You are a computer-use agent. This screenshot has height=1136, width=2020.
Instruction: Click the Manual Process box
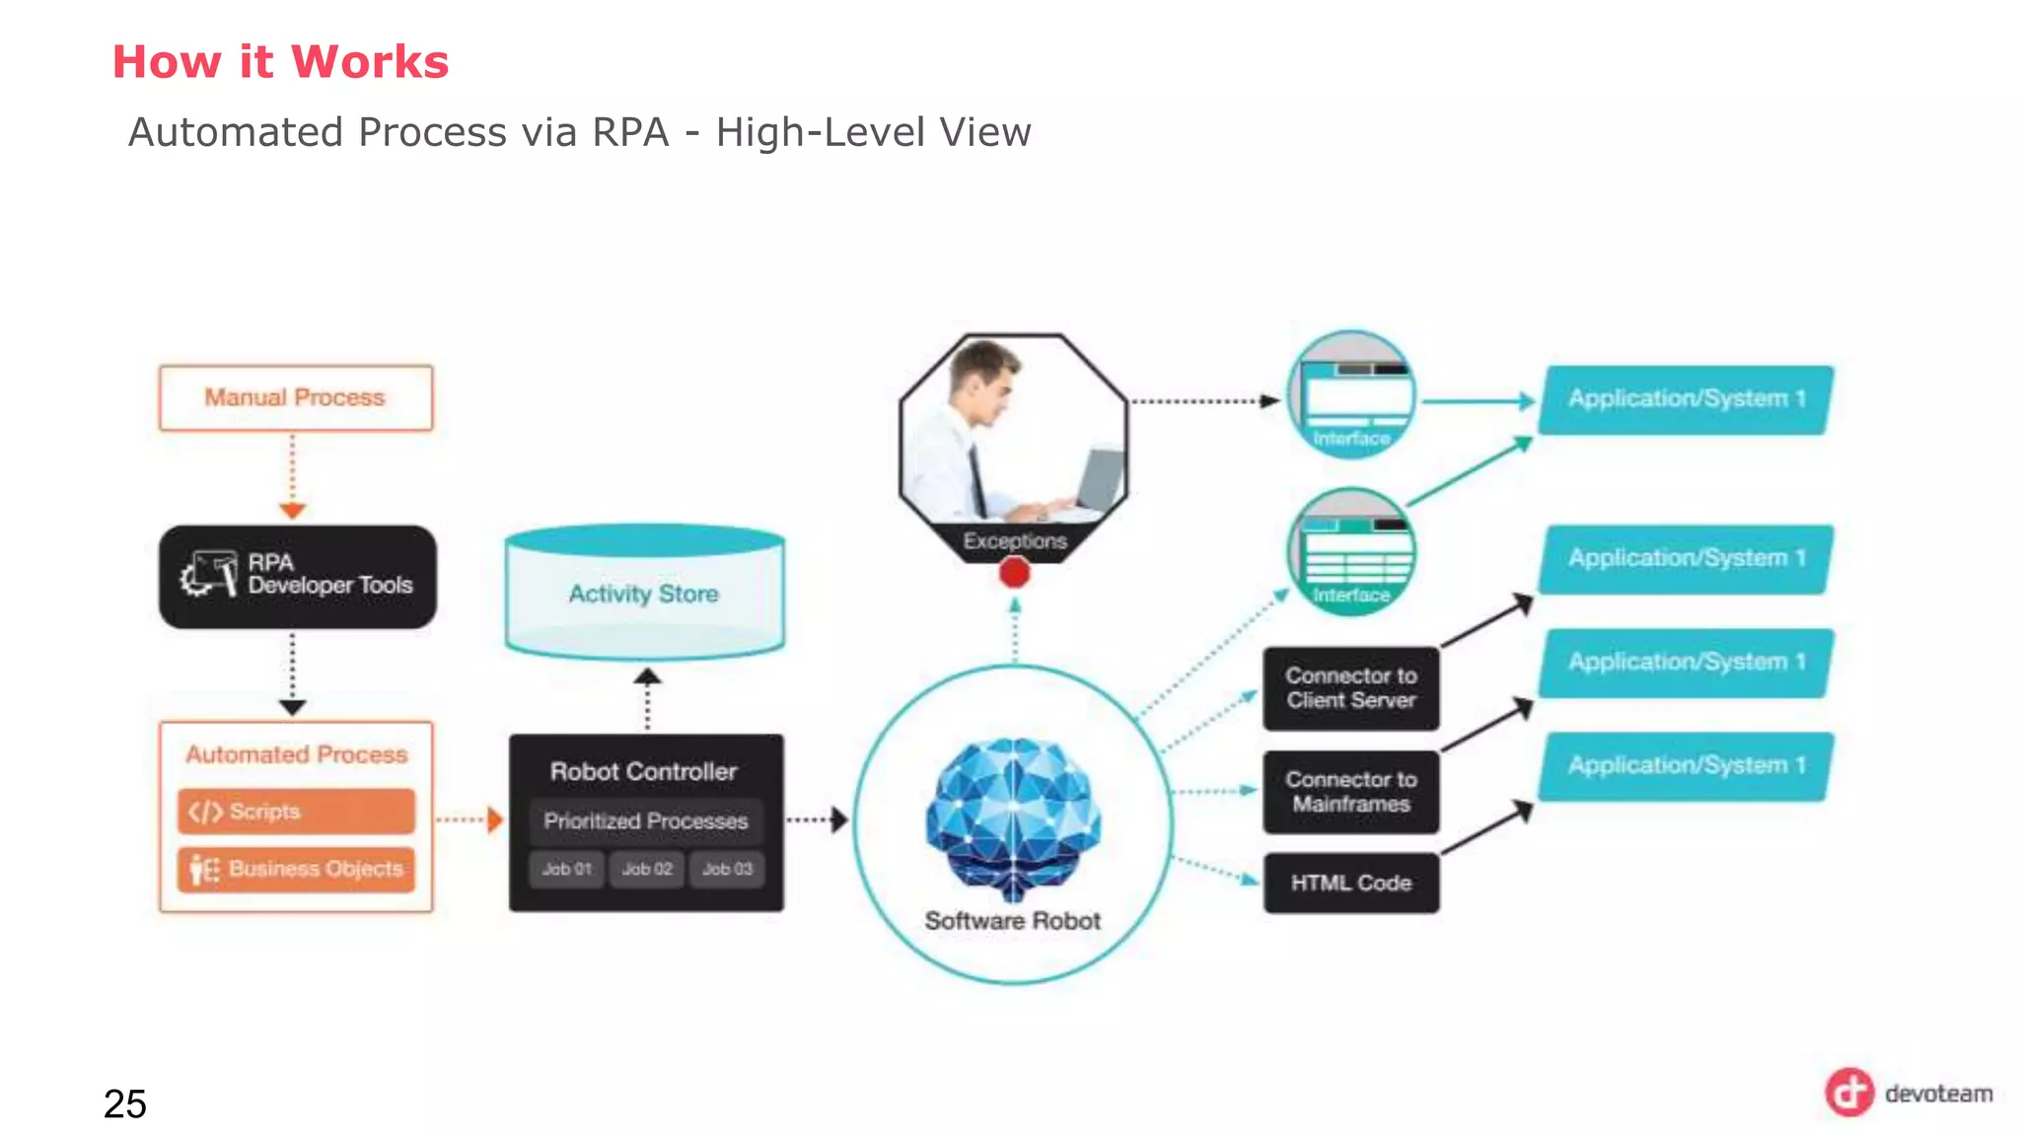click(x=295, y=397)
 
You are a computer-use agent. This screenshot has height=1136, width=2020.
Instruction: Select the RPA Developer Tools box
click(x=297, y=577)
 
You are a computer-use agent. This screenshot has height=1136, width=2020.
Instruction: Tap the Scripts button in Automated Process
click(x=296, y=812)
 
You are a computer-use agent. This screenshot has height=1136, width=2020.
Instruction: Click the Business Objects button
click(x=296, y=869)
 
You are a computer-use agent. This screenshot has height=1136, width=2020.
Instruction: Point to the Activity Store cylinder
click(x=644, y=593)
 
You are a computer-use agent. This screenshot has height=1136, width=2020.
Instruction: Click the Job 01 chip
click(x=566, y=869)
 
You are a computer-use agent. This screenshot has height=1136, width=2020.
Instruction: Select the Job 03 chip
click(x=727, y=869)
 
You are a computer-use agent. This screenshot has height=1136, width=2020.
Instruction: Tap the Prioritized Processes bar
click(x=645, y=820)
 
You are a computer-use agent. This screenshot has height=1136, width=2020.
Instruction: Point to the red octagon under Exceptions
click(x=1014, y=573)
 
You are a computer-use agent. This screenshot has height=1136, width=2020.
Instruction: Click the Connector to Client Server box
click(x=1350, y=688)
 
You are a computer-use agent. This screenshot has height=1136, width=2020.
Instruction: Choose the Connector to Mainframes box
click(x=1350, y=792)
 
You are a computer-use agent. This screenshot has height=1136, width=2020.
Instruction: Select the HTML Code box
click(x=1350, y=884)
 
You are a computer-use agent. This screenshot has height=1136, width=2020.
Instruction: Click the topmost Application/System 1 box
click(x=1686, y=399)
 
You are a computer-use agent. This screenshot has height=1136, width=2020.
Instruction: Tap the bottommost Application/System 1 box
click(x=1686, y=766)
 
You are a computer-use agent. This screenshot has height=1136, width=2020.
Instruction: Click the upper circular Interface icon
click(x=1351, y=394)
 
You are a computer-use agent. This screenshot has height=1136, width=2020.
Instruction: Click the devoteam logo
click(x=1908, y=1093)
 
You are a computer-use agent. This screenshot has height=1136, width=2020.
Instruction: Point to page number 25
click(x=125, y=1103)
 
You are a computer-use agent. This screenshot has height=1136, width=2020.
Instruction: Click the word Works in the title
click(x=370, y=62)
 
